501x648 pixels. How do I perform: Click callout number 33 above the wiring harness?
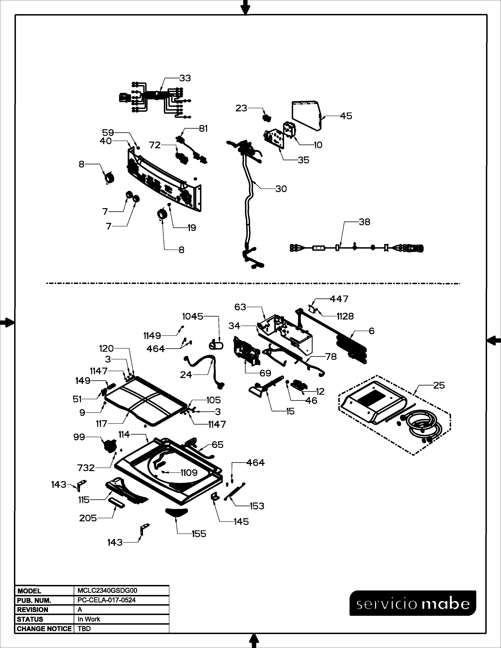point(185,78)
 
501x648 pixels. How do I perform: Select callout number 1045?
point(193,317)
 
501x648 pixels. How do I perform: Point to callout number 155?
point(199,534)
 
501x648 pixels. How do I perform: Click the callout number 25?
point(439,385)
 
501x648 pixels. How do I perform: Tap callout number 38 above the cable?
point(364,222)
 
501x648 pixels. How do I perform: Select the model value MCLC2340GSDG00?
point(107,591)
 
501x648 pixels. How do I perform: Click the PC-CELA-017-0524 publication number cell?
point(106,600)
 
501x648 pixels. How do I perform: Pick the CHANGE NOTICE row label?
point(44,629)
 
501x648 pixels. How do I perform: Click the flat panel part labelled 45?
point(306,116)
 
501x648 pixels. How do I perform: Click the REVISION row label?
point(33,610)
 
